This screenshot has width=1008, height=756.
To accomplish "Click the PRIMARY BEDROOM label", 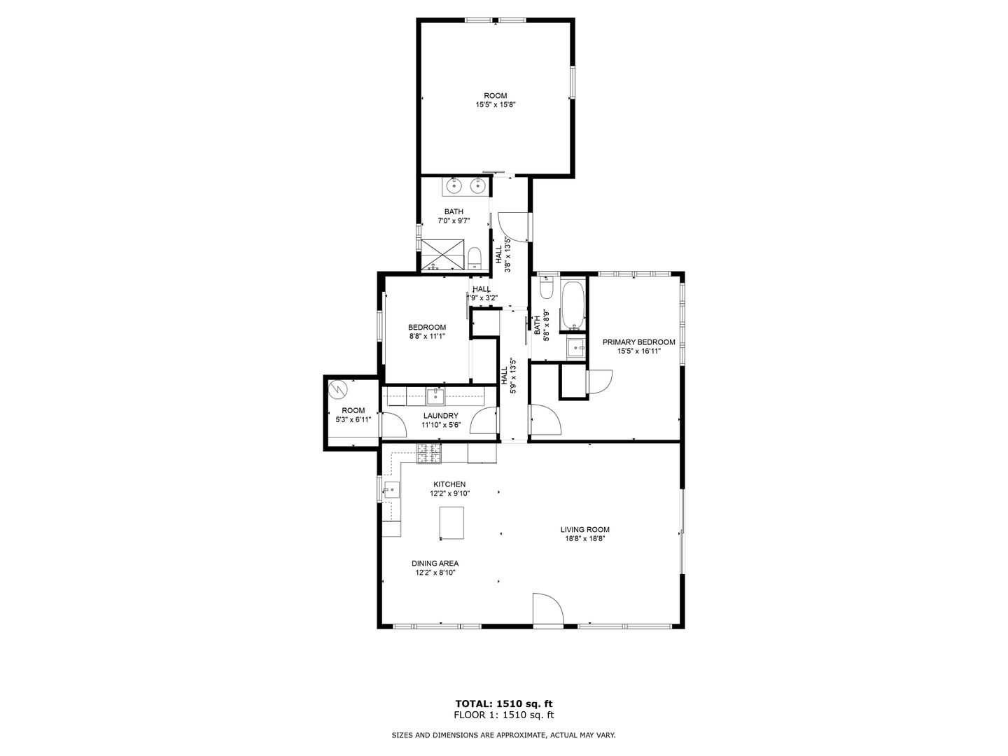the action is tap(638, 342).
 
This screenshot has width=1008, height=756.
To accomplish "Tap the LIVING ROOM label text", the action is tap(584, 529).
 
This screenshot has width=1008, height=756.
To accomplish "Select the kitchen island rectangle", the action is tap(451, 522).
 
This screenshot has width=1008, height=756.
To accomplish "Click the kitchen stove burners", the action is tap(428, 453).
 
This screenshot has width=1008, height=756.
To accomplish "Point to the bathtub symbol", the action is tap(572, 305).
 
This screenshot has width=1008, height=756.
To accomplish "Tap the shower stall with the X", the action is tap(442, 254).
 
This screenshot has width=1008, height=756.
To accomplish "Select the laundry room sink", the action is tap(435, 397).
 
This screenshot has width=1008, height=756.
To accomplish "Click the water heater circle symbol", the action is tap(338, 390).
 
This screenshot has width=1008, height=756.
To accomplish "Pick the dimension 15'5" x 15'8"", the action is tap(495, 105).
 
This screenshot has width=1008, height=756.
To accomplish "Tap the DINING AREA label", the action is tap(435, 563).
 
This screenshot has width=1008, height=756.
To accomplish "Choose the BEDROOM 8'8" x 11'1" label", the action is tap(426, 331).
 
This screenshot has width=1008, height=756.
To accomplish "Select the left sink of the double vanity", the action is tap(454, 185).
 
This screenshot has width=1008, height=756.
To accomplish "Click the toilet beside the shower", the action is tap(475, 259).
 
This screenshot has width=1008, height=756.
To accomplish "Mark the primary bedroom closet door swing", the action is tap(600, 381).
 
